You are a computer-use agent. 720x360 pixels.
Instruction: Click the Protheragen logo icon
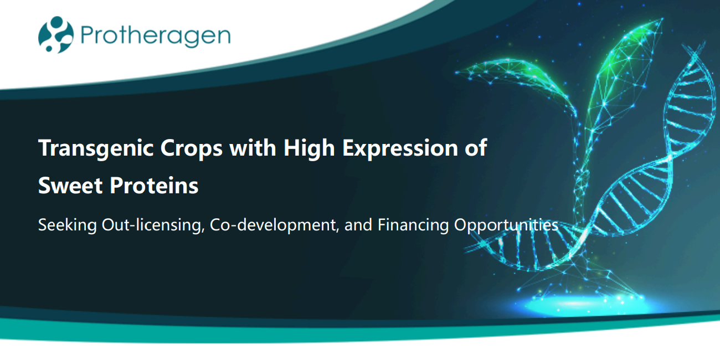(x=56, y=35)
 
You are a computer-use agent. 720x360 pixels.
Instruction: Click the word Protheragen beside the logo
(x=156, y=36)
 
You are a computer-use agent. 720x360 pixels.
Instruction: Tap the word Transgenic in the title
(x=96, y=148)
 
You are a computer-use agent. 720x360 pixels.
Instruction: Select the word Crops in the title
(x=191, y=149)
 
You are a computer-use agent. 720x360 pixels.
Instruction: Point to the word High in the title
(x=309, y=148)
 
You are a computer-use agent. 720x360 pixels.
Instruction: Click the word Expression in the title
(x=400, y=149)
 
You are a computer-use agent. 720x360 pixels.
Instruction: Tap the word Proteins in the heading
(x=154, y=186)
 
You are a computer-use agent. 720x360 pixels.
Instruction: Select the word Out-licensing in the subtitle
(x=153, y=225)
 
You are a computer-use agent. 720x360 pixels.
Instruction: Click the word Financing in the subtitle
(x=413, y=225)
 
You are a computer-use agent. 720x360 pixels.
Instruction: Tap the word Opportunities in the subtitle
(x=506, y=225)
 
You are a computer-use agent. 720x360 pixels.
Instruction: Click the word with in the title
(x=253, y=148)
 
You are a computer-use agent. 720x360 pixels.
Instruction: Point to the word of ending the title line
(x=476, y=148)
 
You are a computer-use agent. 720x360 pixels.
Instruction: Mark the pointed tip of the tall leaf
(x=663, y=19)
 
